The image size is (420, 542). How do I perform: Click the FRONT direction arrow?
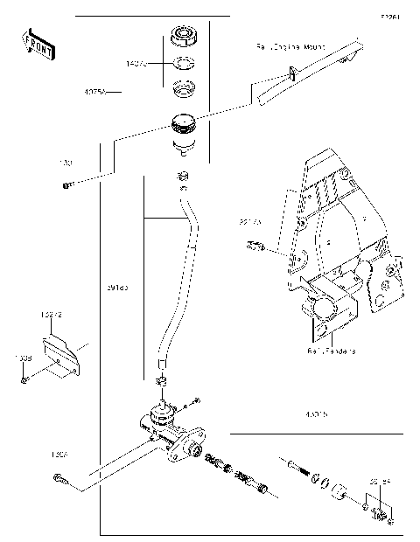tap(36, 44)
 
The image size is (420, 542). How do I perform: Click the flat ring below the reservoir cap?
tap(183, 63)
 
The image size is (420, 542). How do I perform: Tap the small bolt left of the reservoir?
tap(66, 184)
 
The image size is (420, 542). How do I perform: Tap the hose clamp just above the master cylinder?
tap(160, 382)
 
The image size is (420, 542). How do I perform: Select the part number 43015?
tap(316, 414)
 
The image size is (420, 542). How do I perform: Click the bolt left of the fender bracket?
tap(255, 247)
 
